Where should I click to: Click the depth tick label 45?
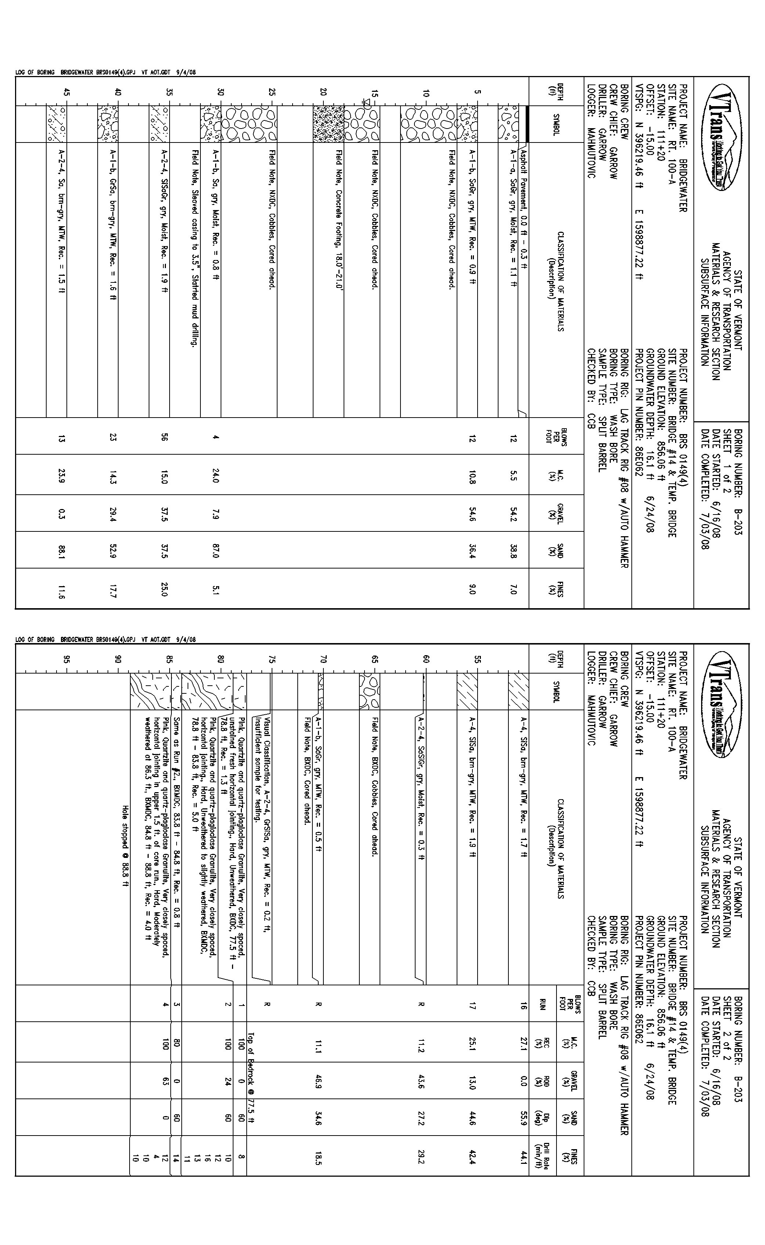pyautogui.click(x=66, y=93)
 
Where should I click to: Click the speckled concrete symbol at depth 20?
pyautogui.click(x=328, y=124)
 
